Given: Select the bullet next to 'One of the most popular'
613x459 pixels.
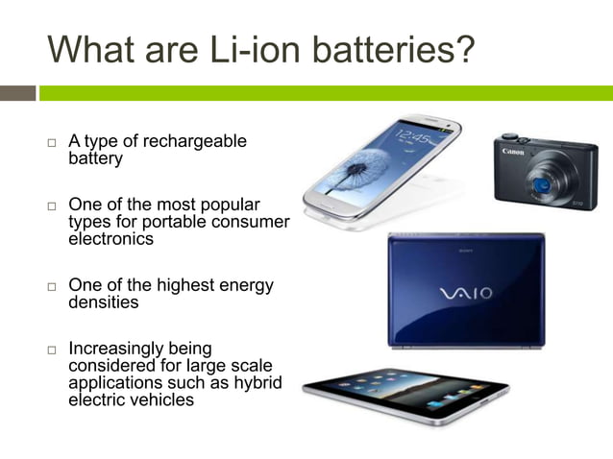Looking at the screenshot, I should point(53,206).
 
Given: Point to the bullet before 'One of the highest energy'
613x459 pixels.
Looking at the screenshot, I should point(53,287).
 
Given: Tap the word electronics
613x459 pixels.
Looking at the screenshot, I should point(110,239).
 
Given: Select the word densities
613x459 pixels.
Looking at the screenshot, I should point(103,302).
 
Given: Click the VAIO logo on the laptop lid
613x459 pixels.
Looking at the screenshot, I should point(465,292).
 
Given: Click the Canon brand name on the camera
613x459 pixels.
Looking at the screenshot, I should point(513,151).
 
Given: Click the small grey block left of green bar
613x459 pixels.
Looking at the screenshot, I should point(17,93).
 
